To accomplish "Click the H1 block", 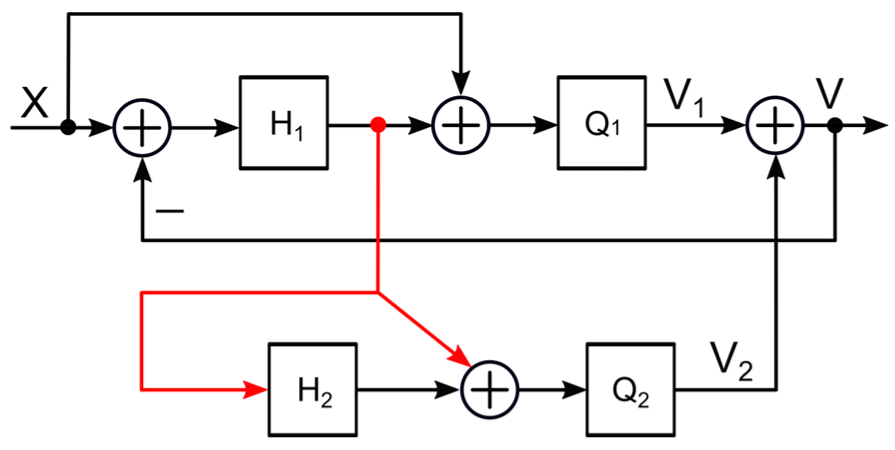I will pyautogui.click(x=283, y=123).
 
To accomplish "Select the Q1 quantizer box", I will pyautogui.click(x=601, y=123).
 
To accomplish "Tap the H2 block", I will pyautogui.click(x=312, y=390).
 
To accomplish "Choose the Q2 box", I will pyautogui.click(x=630, y=390).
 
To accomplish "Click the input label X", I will pyautogui.click(x=34, y=102).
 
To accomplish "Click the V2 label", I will pyautogui.click(x=731, y=361).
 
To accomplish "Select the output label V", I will pyautogui.click(x=829, y=93).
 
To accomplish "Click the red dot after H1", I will pyautogui.click(x=378, y=124).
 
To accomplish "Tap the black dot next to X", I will pyautogui.click(x=68, y=127).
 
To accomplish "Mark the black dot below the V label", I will pyautogui.click(x=834, y=125).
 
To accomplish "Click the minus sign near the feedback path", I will pyautogui.click(x=170, y=211).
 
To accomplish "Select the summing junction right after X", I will pyautogui.click(x=142, y=128).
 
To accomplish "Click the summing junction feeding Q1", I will pyautogui.click(x=460, y=125).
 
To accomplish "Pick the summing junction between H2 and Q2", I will pyautogui.click(x=489, y=390).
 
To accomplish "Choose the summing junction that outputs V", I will pyautogui.click(x=775, y=125).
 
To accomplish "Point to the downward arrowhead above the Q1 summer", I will pyautogui.click(x=460, y=82).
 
